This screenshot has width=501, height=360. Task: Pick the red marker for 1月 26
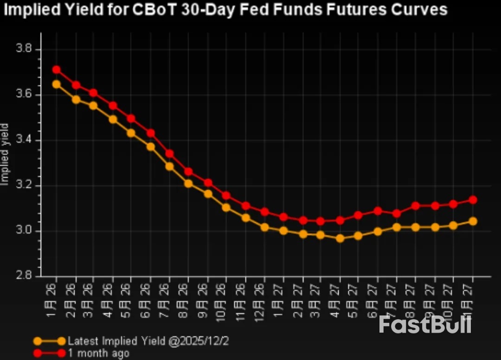pos(57,70)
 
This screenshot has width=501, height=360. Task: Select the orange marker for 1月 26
pos(57,84)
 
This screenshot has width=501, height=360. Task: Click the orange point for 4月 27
pos(340,238)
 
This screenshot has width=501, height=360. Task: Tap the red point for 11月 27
pos(473,200)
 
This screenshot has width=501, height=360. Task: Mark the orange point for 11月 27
pos(473,221)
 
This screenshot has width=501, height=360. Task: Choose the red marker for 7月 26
pos(169,154)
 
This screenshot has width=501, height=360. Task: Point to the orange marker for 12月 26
pos(264,227)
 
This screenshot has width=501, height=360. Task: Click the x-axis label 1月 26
pos(53,297)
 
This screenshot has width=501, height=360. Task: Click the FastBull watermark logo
pos(425,324)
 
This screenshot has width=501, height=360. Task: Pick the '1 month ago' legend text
pos(98,353)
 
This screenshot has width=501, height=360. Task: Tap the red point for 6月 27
pos(378,211)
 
